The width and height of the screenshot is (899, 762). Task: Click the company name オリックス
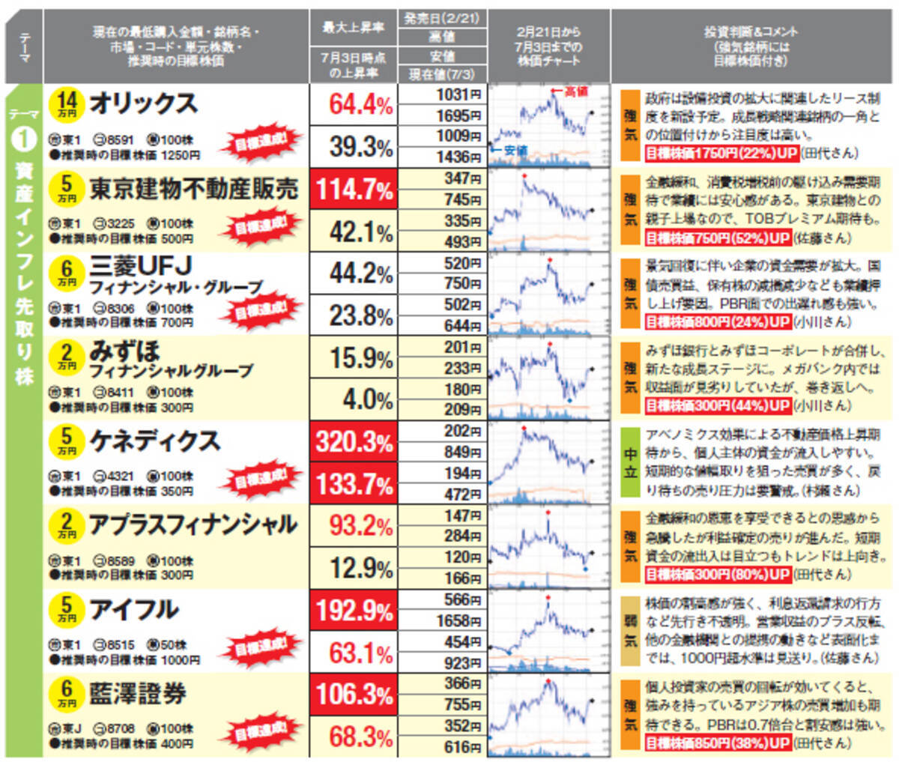(x=143, y=103)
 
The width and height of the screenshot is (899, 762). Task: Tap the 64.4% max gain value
(x=361, y=104)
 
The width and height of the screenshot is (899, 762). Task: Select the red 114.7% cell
(x=354, y=189)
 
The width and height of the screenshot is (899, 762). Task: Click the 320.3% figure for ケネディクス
(x=354, y=441)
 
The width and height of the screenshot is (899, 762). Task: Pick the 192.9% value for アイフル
(x=354, y=610)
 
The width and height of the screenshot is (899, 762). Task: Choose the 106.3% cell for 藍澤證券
(x=354, y=694)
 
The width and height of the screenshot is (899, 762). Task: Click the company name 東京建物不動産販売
(x=193, y=189)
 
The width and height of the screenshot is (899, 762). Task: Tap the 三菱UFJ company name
(x=141, y=267)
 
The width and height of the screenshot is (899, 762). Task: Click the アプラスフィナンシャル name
(x=193, y=525)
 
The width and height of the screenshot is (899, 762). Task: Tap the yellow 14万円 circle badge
(x=67, y=103)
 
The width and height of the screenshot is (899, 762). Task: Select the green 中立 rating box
(x=631, y=463)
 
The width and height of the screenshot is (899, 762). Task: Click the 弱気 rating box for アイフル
(x=631, y=632)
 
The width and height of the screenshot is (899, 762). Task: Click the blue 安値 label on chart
(x=511, y=151)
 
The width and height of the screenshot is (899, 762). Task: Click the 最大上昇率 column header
(x=353, y=28)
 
